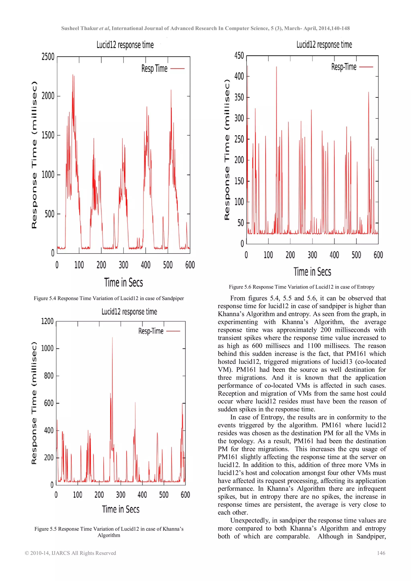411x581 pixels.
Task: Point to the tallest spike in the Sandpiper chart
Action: (73, 75)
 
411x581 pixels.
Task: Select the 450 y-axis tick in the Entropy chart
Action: (239, 56)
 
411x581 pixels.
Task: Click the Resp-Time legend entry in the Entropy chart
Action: (352, 67)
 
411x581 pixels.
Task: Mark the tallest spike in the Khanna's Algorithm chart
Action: (112, 338)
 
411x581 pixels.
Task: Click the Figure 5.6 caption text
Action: (301, 287)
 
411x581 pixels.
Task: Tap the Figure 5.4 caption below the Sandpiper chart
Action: (109, 298)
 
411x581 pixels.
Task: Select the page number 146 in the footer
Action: (381, 553)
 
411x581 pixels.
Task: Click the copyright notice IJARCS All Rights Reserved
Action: (70, 553)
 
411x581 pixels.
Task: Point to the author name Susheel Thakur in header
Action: (79, 28)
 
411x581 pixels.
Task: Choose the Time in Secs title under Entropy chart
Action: (312, 272)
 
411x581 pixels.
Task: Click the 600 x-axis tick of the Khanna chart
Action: (185, 495)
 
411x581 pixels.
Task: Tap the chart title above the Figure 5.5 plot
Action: (129, 311)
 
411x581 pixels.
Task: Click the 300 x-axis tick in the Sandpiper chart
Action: (123, 265)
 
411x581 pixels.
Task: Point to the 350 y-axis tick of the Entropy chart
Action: (239, 97)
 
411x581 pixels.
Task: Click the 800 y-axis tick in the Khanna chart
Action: (49, 376)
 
